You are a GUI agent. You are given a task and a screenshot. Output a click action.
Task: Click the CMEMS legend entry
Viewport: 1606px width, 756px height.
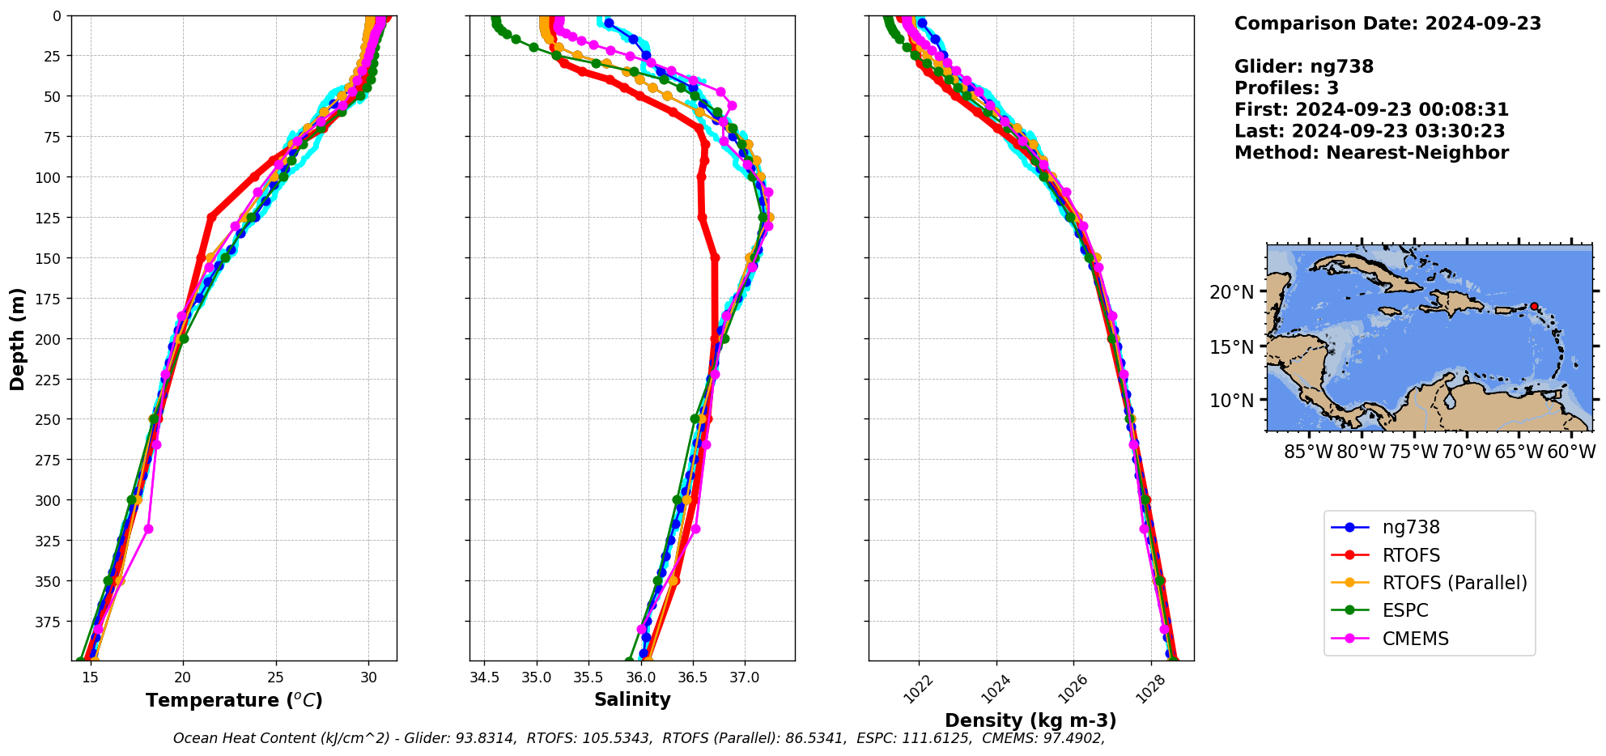[1415, 639]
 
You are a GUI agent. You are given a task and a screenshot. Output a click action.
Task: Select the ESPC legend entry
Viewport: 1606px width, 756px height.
[1405, 610]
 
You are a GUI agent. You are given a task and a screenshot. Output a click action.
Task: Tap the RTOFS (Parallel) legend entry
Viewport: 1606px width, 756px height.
[1454, 583]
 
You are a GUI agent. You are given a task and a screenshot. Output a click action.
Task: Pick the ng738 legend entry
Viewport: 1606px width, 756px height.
[1411, 527]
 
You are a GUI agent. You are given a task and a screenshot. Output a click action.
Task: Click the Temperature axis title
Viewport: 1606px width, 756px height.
[234, 700]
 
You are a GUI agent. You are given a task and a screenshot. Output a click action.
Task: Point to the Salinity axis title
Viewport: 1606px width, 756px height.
[632, 700]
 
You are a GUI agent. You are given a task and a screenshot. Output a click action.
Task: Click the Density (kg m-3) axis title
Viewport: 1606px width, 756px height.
[1030, 720]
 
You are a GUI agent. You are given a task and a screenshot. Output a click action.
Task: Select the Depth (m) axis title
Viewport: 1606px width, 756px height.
[18, 338]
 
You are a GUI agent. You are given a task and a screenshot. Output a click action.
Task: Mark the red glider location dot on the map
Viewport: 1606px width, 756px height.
[1534, 306]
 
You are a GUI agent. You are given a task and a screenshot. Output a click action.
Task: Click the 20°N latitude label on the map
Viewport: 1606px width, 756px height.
[1231, 292]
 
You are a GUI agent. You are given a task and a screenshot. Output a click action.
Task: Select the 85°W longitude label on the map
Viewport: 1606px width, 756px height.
[1308, 452]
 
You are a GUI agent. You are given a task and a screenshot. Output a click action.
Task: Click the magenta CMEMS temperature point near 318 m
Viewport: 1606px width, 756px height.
[148, 529]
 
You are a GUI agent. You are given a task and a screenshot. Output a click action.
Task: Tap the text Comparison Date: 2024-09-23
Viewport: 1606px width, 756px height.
[1387, 23]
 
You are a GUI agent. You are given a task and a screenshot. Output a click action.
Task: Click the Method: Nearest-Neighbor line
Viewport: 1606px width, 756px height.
[1371, 153]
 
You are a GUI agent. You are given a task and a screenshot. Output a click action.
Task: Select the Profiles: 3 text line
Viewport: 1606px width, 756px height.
[1286, 88]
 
